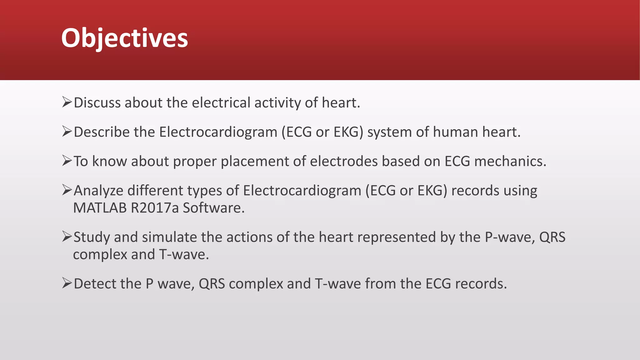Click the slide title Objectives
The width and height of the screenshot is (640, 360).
coord(124,38)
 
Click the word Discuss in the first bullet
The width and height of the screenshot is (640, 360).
coord(97,103)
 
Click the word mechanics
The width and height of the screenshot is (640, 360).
coord(510,161)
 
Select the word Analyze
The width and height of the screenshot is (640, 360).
coord(98,191)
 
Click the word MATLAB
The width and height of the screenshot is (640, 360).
coord(100,208)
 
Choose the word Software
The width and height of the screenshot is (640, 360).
coord(213,208)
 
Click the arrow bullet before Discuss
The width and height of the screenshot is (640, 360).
coord(67,102)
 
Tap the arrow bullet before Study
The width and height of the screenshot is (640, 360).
coord(67,237)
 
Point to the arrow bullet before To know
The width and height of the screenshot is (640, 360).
coord(67,161)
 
